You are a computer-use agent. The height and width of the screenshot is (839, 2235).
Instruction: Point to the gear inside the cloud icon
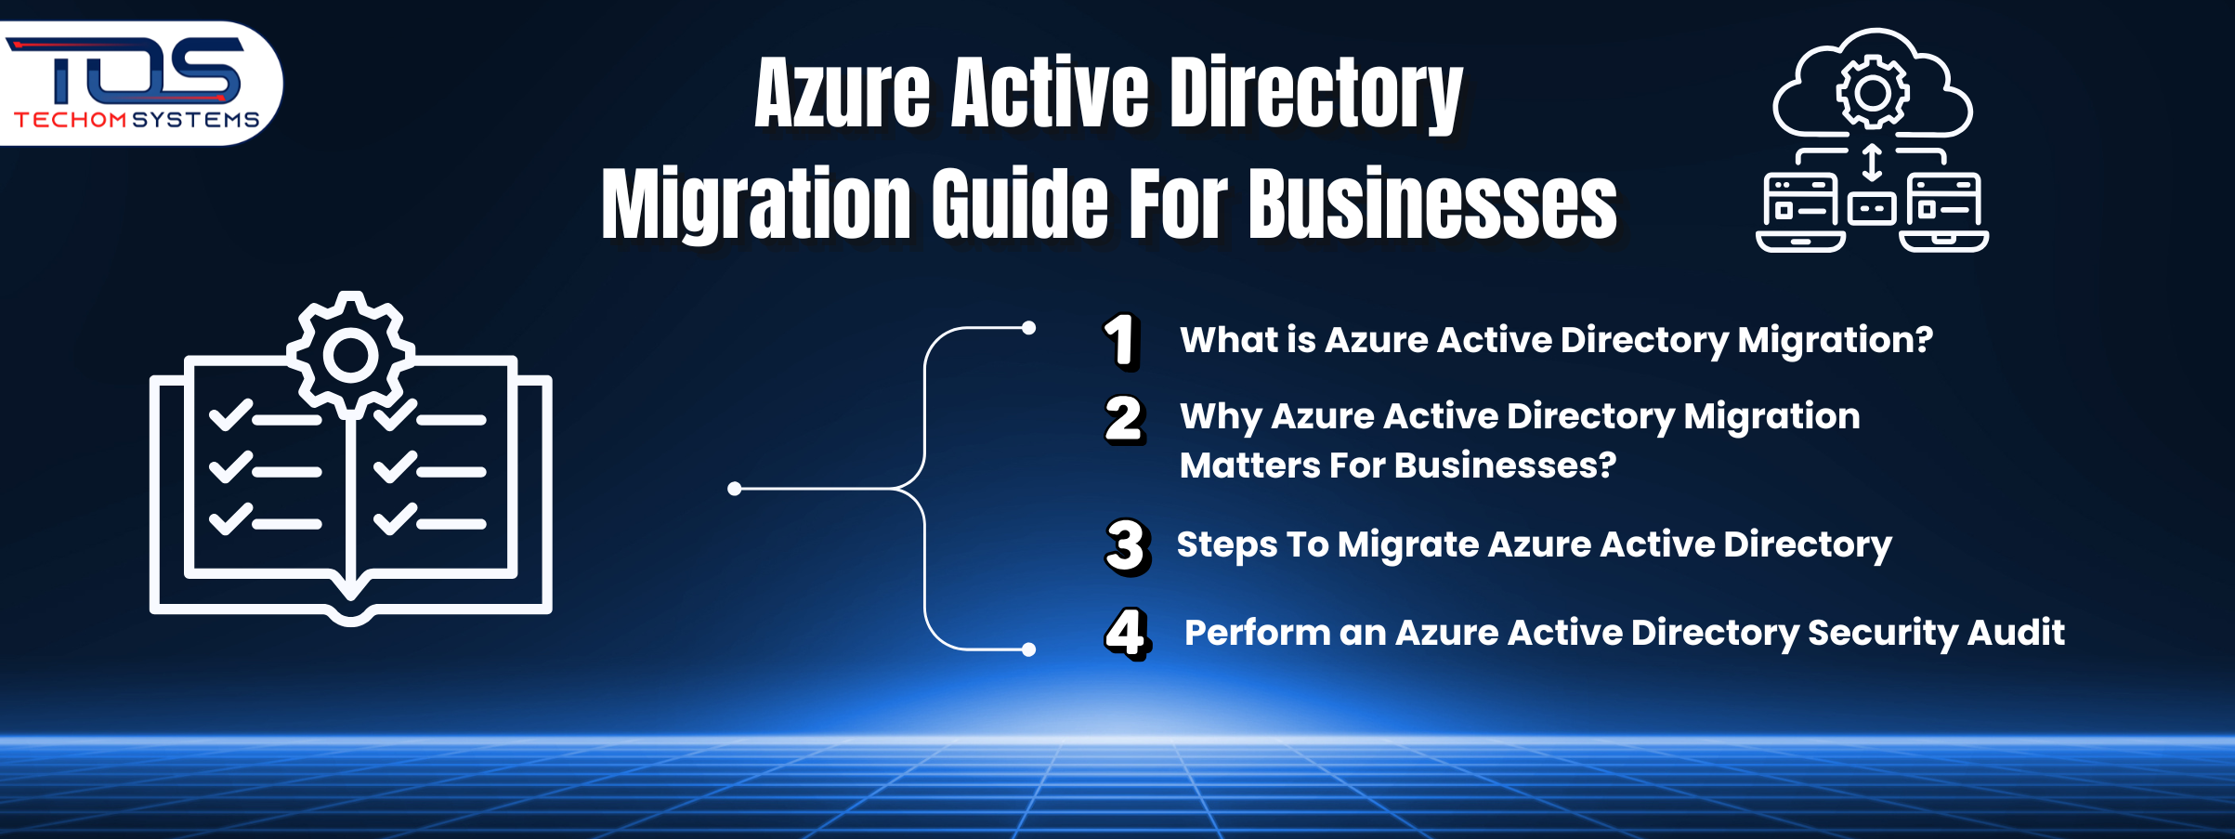[x=1873, y=92]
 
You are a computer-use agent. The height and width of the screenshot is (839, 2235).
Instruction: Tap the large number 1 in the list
[x=1121, y=341]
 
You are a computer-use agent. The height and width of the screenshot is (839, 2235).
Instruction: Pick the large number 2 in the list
[x=1123, y=419]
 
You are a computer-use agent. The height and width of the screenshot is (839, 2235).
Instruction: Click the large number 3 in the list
[x=1126, y=546]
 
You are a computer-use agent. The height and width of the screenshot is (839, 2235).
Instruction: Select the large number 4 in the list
[x=1127, y=634]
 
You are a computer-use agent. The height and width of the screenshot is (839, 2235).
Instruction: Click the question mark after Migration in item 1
[x=1923, y=340]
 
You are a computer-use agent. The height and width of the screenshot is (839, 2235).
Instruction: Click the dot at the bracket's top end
[x=1028, y=328]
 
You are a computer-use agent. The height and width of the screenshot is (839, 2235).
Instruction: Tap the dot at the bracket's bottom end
[x=1028, y=649]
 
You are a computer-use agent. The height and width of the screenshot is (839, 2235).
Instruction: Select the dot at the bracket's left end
[x=735, y=489]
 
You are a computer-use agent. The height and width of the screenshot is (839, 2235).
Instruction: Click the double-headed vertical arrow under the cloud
[x=1872, y=163]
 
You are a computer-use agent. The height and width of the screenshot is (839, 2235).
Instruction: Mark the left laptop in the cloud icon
[x=1800, y=212]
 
